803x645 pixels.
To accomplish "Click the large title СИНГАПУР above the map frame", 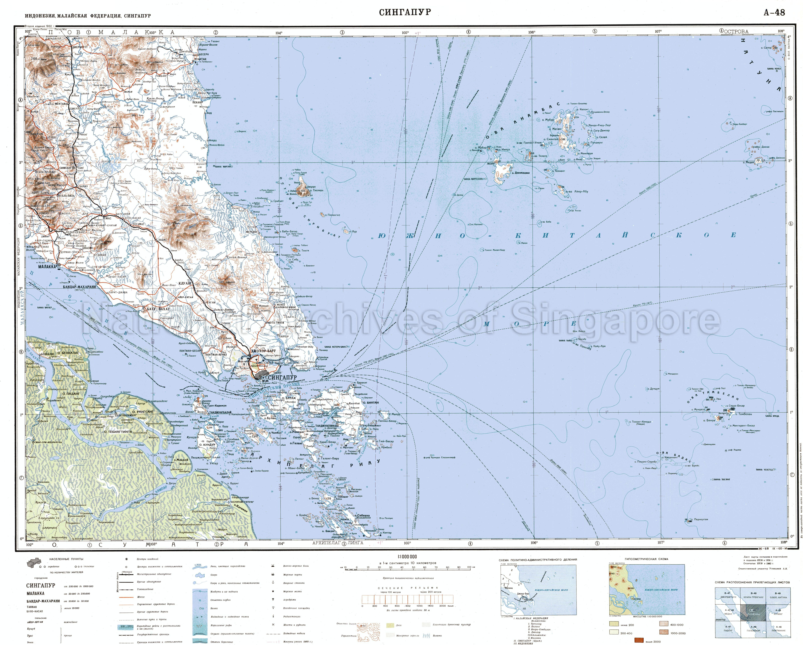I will pyautogui.click(x=405, y=12).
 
